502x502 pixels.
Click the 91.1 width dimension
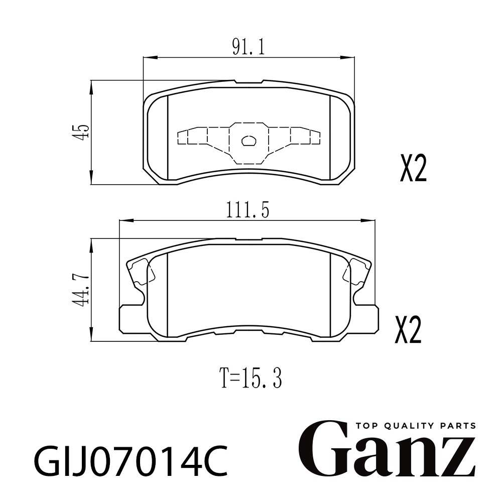point(248,48)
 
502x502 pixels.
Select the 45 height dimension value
point(79,131)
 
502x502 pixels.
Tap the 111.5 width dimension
point(248,210)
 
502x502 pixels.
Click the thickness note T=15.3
point(252,378)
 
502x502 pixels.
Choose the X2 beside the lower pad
point(408,330)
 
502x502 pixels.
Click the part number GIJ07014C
point(131,461)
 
